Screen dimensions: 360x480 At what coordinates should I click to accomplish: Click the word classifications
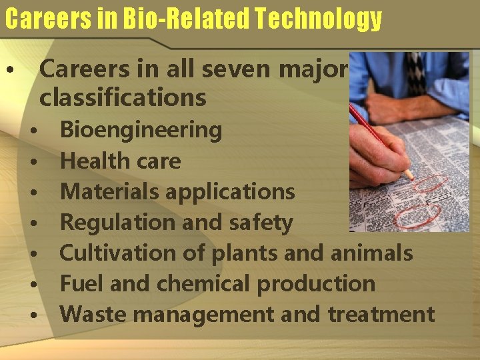click(123, 97)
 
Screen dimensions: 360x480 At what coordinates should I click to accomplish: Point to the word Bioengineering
click(141, 129)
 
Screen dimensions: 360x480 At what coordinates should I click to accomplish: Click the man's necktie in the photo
click(417, 73)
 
